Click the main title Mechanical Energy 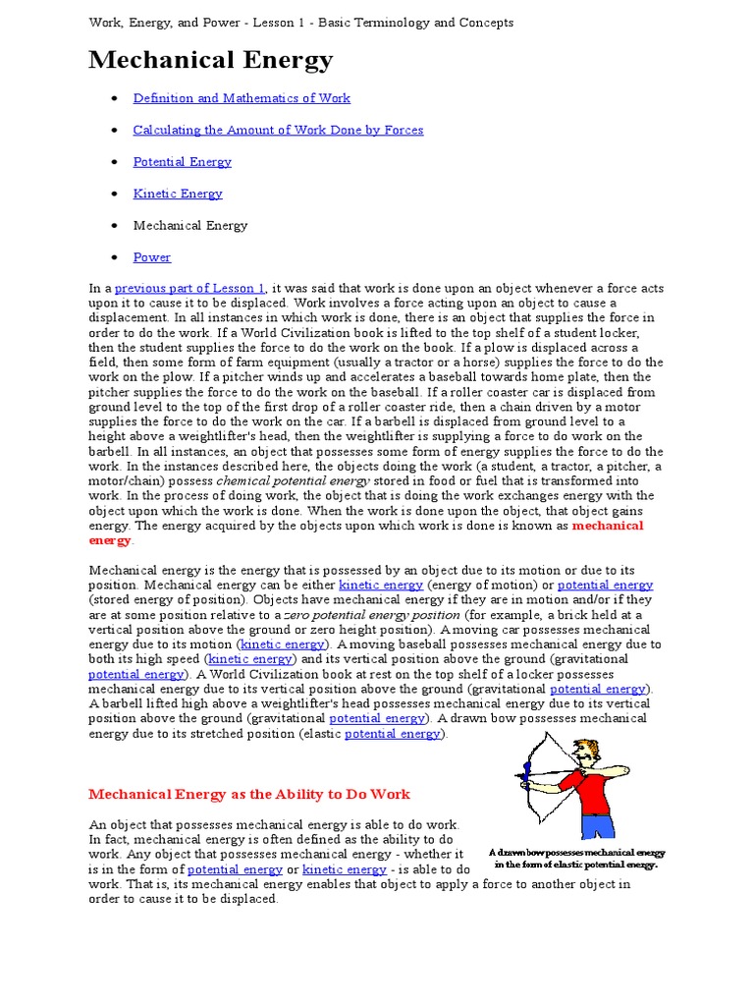tap(211, 61)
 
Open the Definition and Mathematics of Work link tap(242, 98)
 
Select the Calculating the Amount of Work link tap(279, 130)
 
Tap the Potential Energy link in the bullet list tap(183, 162)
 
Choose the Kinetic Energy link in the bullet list tap(178, 194)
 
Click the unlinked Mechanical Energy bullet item tap(190, 225)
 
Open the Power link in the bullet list tap(152, 257)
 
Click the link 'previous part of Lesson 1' tap(189, 288)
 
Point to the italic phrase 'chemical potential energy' tap(293, 480)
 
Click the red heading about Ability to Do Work tap(249, 794)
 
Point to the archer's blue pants tap(599, 823)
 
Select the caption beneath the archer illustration tap(576, 859)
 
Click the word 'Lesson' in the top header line tap(320, 23)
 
